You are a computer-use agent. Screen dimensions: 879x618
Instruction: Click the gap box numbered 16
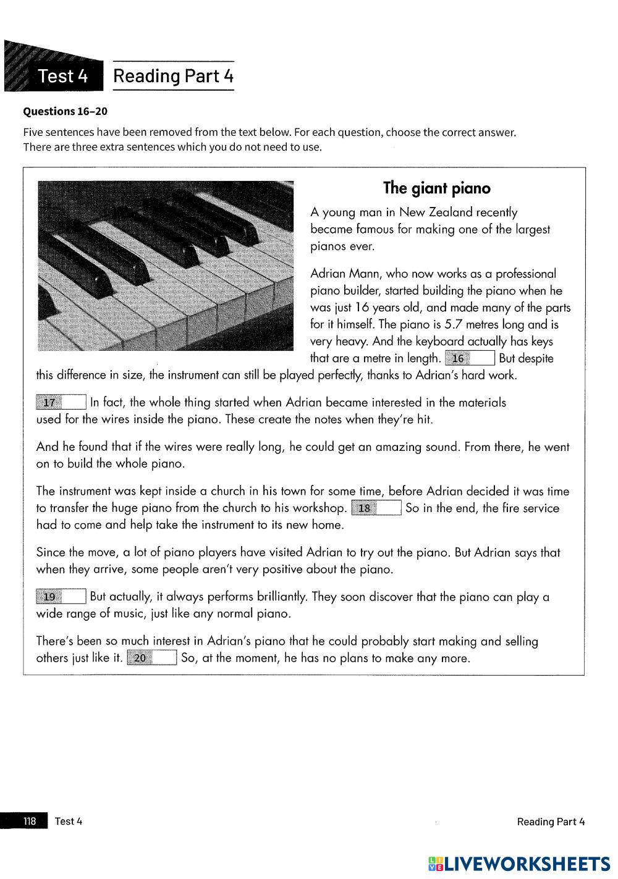tap(470, 358)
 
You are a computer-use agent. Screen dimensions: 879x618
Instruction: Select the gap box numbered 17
tap(61, 403)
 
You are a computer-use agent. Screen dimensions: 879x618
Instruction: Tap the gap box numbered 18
tap(376, 508)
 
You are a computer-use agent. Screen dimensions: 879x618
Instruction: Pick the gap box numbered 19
tap(61, 597)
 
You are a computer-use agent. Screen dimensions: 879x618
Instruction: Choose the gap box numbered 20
tap(152, 658)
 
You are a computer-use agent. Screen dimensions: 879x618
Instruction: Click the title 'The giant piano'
tap(436, 188)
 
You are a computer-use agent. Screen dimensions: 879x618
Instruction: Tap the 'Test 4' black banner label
tap(63, 76)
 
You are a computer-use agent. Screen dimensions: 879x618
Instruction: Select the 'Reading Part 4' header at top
tap(174, 76)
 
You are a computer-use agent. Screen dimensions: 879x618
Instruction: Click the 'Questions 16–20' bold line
tap(65, 111)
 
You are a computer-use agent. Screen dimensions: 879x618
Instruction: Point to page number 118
tap(30, 821)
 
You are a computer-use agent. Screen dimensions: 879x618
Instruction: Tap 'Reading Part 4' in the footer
tap(550, 821)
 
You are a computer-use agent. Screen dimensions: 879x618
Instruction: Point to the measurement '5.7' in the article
tap(454, 324)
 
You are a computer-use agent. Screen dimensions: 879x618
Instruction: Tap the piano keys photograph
tap(165, 266)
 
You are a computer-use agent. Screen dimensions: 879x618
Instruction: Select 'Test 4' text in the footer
tap(68, 821)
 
